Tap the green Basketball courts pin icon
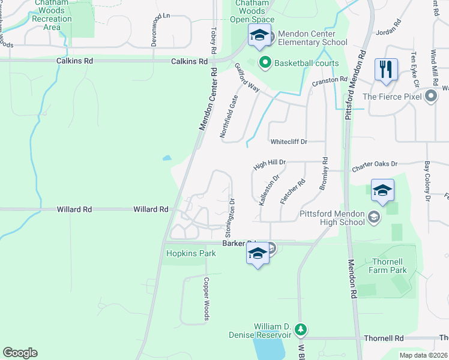[x=264, y=62]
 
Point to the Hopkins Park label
[x=190, y=254]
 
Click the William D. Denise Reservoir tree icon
[x=301, y=329]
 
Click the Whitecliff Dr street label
[x=289, y=142]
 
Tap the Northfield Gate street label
[x=229, y=116]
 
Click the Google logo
[x=20, y=353]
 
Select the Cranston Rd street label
[x=330, y=81]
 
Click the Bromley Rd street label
[x=325, y=175]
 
